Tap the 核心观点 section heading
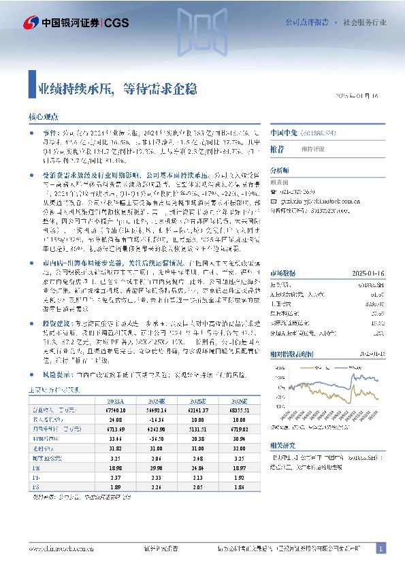click(44, 117)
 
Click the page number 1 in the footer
click(381, 548)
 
